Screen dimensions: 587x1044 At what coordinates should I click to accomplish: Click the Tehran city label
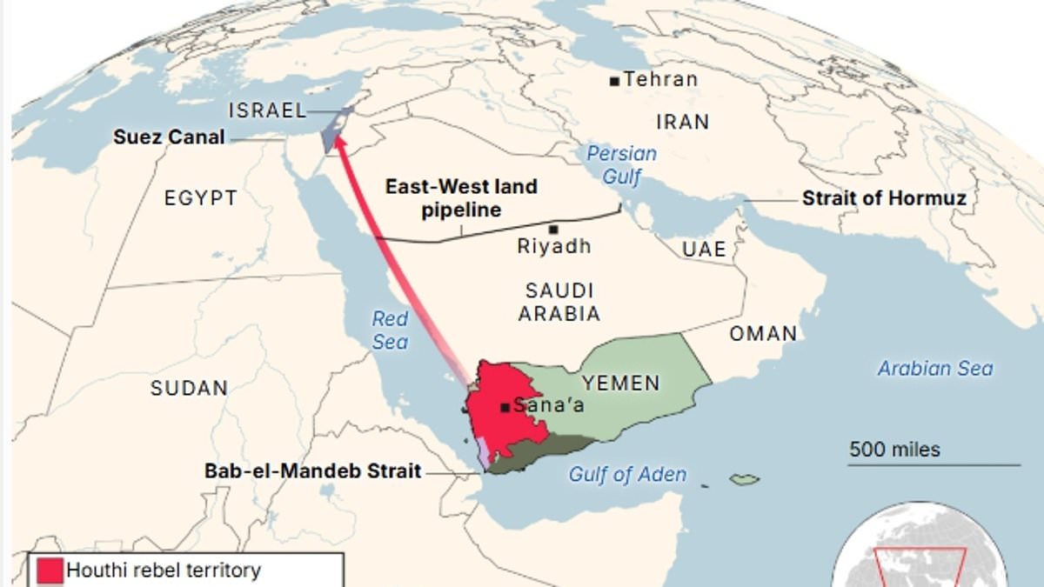[x=661, y=79]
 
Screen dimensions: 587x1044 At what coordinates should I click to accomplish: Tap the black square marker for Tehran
[x=615, y=81]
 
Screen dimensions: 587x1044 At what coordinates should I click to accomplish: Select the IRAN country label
[x=683, y=122]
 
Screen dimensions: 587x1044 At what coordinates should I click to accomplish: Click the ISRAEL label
[x=267, y=110]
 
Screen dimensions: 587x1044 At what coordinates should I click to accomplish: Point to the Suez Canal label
[x=169, y=137]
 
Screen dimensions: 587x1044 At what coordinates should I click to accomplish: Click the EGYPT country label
[x=200, y=198]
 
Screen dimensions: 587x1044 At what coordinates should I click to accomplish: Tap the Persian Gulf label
[x=621, y=165]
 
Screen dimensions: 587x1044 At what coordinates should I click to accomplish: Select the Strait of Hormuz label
[x=884, y=198]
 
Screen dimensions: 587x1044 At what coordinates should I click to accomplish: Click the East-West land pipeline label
[x=461, y=198]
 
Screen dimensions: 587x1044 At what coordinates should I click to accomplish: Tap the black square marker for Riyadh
[x=553, y=229]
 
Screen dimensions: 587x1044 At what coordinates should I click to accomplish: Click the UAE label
[x=704, y=250]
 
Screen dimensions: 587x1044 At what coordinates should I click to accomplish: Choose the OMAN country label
[x=763, y=333]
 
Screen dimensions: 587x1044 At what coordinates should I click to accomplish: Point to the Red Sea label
[x=390, y=330]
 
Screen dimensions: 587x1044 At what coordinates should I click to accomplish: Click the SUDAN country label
[x=190, y=388]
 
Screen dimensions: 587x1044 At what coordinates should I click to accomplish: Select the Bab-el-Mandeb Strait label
[x=313, y=471]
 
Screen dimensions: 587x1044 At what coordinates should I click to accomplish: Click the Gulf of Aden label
[x=627, y=475]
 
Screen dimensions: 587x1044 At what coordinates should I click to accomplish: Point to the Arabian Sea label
[x=934, y=368]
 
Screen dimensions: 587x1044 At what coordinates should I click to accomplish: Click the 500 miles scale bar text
[x=894, y=450]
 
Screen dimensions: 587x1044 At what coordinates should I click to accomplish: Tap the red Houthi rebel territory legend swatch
[x=50, y=571]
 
